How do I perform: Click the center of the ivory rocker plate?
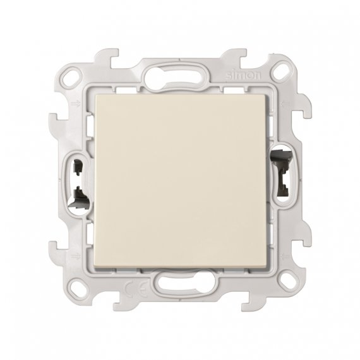[179, 180]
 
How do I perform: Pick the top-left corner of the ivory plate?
[95, 95]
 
